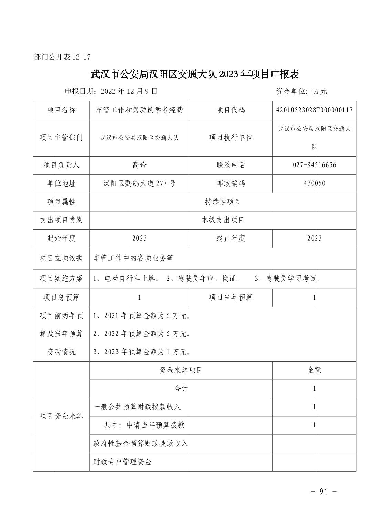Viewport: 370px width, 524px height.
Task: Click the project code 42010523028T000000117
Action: point(314,110)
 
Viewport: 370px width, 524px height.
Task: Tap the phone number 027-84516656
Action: point(314,165)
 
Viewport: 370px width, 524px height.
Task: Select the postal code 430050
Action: point(314,183)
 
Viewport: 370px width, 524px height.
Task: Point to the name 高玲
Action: point(139,165)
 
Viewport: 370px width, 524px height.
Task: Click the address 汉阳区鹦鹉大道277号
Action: point(139,183)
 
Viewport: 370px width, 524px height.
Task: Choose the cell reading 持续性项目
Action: point(223,202)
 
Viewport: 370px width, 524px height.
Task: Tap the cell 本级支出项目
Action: point(223,220)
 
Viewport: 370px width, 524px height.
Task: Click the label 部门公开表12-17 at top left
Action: point(62,57)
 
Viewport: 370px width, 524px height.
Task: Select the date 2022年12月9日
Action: point(129,91)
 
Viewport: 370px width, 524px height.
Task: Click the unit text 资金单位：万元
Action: point(301,91)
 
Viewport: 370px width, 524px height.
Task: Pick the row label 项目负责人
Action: point(61,165)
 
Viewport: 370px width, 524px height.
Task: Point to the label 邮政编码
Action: point(230,183)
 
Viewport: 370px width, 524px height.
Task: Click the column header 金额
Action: point(314,370)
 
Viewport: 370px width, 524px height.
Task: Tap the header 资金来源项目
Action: point(181,370)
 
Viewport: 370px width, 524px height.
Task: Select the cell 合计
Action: point(181,389)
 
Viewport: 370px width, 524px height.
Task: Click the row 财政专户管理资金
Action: point(123,462)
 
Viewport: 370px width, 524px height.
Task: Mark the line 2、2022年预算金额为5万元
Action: point(142,334)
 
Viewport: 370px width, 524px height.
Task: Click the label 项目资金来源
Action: point(61,416)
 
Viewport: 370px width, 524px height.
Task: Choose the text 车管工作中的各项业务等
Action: point(133,258)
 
